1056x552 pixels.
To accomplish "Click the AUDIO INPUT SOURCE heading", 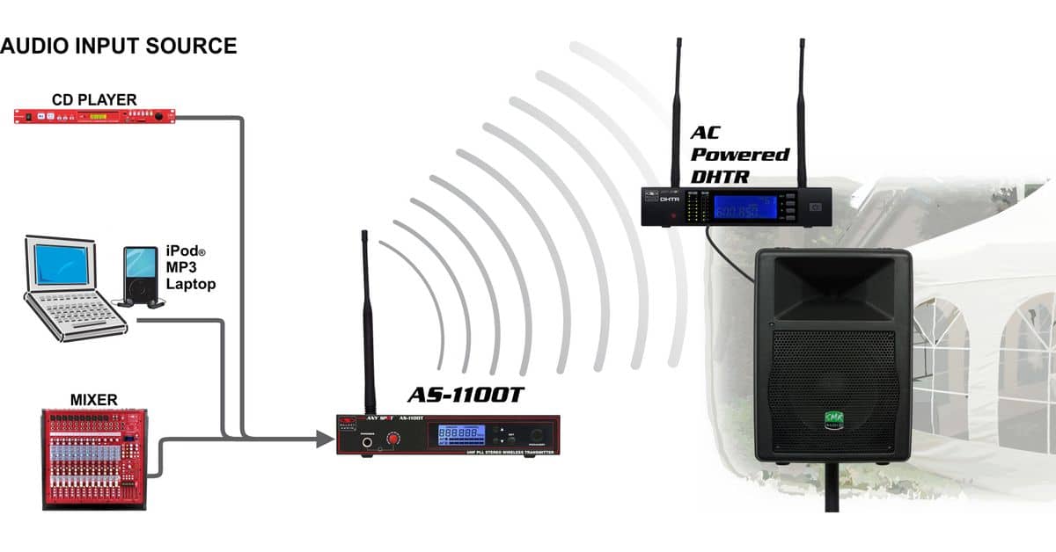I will click(119, 46).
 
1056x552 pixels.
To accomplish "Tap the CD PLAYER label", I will click(94, 99).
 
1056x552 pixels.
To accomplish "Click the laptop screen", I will click(61, 265).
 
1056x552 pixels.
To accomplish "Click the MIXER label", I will click(93, 400).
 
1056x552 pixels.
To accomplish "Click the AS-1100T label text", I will click(465, 396).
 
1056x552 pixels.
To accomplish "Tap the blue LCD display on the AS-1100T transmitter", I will click(461, 434).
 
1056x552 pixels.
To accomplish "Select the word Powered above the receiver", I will click(739, 154).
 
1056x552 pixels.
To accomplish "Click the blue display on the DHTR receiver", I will click(741, 207).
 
